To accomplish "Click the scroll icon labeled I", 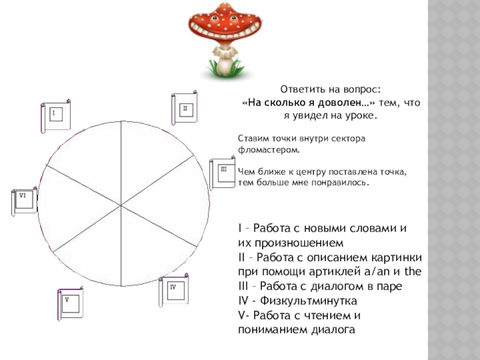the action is [56, 116].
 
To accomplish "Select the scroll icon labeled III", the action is [223, 175].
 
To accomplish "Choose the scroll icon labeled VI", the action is [25, 203].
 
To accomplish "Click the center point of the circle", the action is [122, 205].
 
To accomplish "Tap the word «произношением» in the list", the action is [290, 243].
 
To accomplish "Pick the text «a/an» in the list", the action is [376, 271].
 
